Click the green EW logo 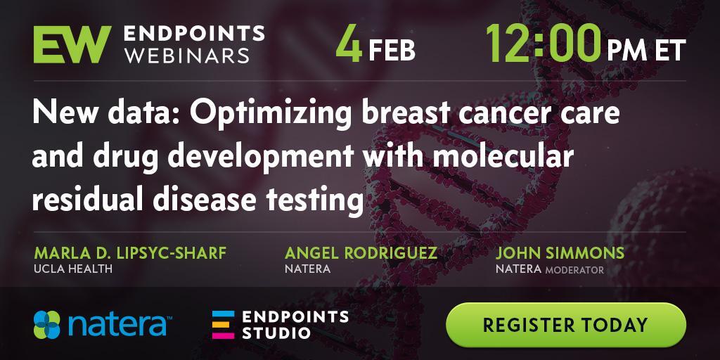point(72,44)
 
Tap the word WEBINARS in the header point(187,55)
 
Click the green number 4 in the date point(349,44)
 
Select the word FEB point(392,51)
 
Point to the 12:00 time point(543,44)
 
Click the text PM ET point(647,50)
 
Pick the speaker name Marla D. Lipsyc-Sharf point(130,252)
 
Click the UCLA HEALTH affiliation point(73,269)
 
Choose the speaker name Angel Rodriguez point(361,252)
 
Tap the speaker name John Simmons point(560,252)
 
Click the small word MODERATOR point(574,270)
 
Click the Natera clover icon point(47,325)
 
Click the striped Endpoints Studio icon point(223,325)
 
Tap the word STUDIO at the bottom point(276,333)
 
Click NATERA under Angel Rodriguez point(308,269)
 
